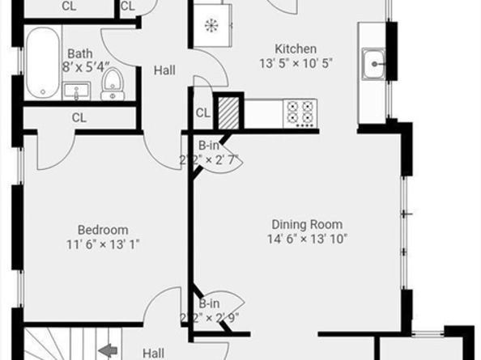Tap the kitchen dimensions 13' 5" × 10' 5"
296,63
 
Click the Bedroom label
103,230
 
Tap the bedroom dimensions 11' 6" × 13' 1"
103,244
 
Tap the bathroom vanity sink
78,90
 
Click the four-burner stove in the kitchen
300,112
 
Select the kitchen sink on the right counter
375,63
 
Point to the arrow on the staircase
107,351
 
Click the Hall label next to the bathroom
164,71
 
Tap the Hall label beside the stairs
154,353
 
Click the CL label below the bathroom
79,117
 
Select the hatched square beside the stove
230,111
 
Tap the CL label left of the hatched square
202,112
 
